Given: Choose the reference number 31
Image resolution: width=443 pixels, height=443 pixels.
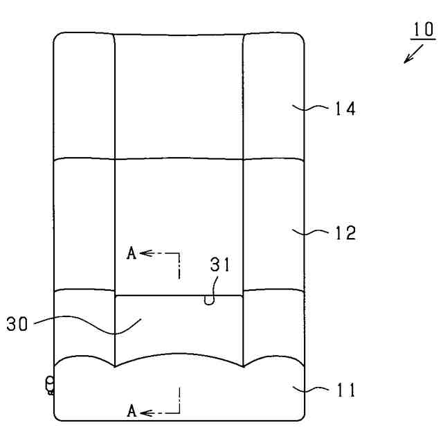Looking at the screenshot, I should tap(220, 264).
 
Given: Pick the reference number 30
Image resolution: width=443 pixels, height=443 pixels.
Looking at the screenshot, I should tap(19, 323).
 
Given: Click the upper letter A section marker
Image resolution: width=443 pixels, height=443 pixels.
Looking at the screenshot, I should tap(132, 253).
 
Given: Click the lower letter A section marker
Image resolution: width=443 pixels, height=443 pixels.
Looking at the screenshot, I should tap(132, 411).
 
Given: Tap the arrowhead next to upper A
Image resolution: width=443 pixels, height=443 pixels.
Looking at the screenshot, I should tap(144, 254).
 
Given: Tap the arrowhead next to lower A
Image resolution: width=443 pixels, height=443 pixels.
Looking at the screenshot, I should tap(144, 413).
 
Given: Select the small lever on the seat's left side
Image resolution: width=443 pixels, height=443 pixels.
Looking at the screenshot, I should tap(50, 385).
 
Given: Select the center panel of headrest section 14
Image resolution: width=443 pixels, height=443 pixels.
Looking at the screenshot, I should tap(179, 97).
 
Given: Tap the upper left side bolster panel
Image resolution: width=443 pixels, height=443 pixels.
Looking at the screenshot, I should tap(84, 97).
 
